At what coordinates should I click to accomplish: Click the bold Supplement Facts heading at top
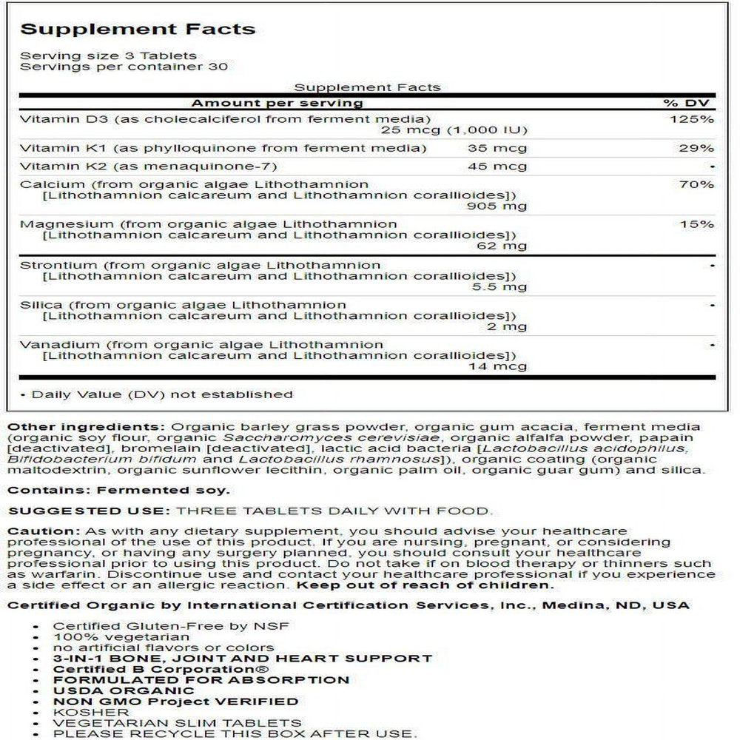pos(138,30)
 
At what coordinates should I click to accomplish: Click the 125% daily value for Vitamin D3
pos(696,119)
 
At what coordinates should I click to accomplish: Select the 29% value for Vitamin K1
pos(698,148)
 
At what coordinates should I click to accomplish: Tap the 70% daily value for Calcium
pos(698,184)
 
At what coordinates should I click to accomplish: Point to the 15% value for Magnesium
pos(698,223)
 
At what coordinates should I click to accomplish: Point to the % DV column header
pos(693,103)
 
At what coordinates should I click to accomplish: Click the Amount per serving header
pos(277,103)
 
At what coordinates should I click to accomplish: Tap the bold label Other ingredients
pos(86,426)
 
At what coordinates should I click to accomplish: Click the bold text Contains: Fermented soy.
pos(118,489)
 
